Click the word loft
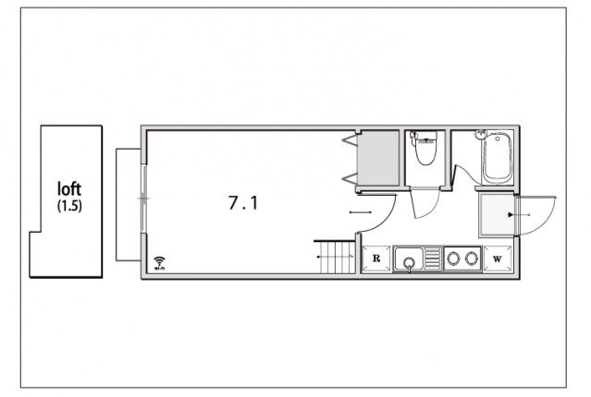(69, 189)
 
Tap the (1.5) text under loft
(69, 206)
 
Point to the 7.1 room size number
(243, 203)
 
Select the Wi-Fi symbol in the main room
(160, 263)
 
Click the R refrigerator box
(376, 259)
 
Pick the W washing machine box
(498, 259)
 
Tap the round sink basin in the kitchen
(408, 262)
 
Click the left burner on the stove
(453, 259)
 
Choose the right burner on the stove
(471, 259)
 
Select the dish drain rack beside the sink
(433, 259)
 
